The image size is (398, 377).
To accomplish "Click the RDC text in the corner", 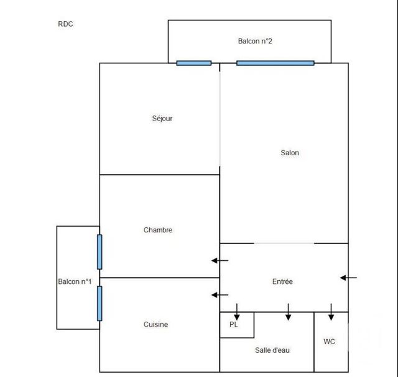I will tap(65, 24).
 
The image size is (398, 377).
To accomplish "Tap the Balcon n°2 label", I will tap(255, 42).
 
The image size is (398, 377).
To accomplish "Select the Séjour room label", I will tap(162, 119).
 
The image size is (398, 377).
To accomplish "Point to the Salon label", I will tap(289, 153).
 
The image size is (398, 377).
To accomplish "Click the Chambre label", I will tap(158, 230).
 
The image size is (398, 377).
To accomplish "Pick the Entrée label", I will tap(282, 282).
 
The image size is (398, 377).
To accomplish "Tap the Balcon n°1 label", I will tap(75, 282).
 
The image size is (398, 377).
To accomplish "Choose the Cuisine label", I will tap(155, 324).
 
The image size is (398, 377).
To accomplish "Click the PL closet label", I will tap(233, 324).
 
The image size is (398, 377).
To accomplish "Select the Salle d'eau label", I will tap(272, 350).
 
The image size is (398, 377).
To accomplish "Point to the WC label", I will tap(330, 342).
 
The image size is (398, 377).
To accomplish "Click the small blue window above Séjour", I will tap(193, 63).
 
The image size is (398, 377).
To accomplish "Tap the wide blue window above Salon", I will tap(275, 63).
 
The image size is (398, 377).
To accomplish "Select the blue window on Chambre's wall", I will tap(99, 252).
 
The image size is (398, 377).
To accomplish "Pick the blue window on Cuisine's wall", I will tap(99, 303).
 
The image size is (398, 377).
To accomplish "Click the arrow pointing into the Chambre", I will tap(220, 261).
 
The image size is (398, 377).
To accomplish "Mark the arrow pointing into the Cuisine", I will tap(220, 294).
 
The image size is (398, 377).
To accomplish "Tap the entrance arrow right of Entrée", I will tap(349, 278).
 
